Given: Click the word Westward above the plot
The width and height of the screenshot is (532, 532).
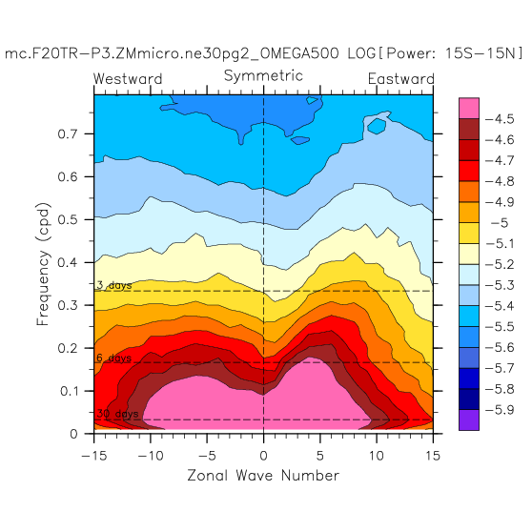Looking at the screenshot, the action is pos(128,79).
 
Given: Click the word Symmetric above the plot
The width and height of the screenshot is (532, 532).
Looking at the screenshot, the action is pos(263,76).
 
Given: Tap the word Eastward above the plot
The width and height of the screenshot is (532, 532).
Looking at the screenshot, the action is pos(401,79).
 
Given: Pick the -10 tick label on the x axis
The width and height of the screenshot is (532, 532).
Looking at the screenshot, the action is pos(151,456).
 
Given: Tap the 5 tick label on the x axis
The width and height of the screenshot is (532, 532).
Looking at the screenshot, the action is pos(320,456).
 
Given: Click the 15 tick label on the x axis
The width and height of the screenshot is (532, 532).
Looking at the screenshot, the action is pos(432,456).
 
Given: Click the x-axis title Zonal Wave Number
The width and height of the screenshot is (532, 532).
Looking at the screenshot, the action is pos(263,476).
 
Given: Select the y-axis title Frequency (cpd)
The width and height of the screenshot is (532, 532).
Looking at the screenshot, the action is pos(44,264).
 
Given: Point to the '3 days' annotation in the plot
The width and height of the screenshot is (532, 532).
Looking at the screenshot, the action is pos(114,285).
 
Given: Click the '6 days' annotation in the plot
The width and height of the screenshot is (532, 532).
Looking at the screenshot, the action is pos(114,358).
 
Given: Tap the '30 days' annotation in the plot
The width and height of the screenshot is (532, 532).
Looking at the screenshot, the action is pos(117,414).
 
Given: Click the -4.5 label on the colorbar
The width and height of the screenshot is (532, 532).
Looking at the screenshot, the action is pos(500,119).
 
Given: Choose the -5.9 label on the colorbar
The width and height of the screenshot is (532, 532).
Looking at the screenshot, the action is pos(500,410).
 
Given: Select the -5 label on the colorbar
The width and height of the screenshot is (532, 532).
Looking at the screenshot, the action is pos(500,223).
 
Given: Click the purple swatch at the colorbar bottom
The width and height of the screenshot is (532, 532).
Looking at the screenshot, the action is pos(469,420).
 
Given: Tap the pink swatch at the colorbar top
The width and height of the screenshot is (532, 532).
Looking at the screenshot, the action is pos(469,109).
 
